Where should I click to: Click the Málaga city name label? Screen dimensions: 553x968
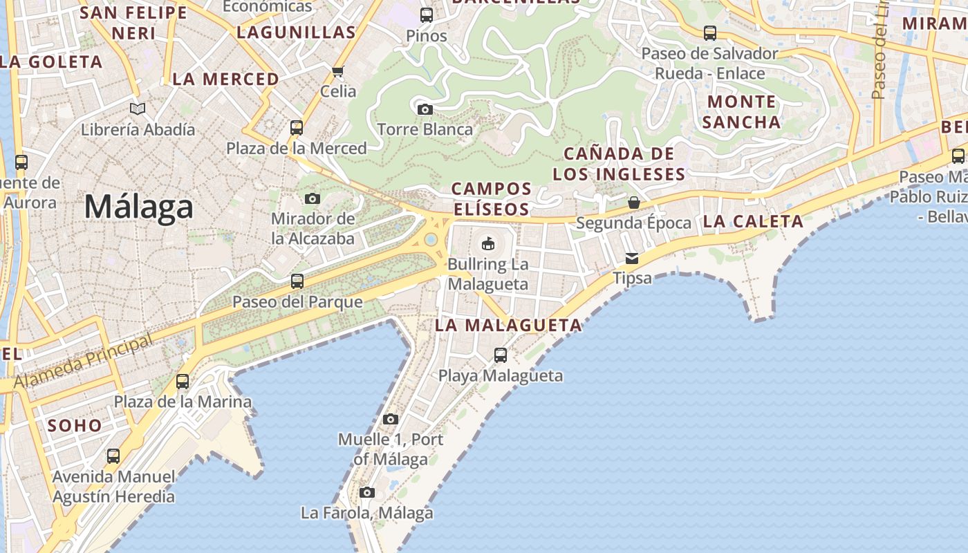click(138, 207)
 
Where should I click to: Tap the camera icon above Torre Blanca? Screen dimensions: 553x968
click(425, 109)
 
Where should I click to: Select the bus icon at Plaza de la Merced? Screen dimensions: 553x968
click(297, 128)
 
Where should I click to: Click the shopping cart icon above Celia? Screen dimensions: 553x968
click(338, 71)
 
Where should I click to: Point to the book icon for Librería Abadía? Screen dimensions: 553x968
click(138, 109)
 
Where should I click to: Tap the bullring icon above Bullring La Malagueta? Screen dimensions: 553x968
click(488, 243)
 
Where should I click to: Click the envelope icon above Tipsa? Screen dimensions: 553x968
click(632, 259)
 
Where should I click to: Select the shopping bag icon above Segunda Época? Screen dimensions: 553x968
click(633, 203)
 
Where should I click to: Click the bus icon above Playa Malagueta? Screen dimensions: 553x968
click(501, 355)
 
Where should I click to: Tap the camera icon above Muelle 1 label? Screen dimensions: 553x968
click(391, 419)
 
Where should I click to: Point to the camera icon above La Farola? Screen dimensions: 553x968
click(367, 492)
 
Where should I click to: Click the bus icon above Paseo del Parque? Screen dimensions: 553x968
click(297, 281)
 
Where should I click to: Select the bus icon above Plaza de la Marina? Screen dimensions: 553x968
click(183, 381)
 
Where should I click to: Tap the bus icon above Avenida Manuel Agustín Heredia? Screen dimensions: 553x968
click(113, 456)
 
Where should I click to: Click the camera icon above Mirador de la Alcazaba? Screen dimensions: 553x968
click(313, 199)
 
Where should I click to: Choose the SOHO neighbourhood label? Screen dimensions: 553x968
click(75, 425)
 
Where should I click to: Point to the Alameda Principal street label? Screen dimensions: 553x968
click(83, 361)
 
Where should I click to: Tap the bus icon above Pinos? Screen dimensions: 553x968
click(427, 15)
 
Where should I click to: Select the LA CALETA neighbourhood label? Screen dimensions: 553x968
click(753, 222)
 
